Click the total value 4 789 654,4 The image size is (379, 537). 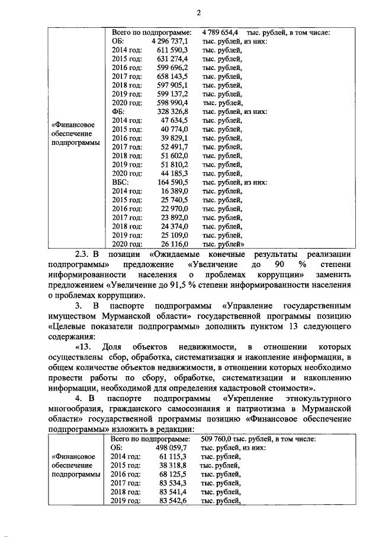(x=220, y=31)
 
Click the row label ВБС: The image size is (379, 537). (x=120, y=182)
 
